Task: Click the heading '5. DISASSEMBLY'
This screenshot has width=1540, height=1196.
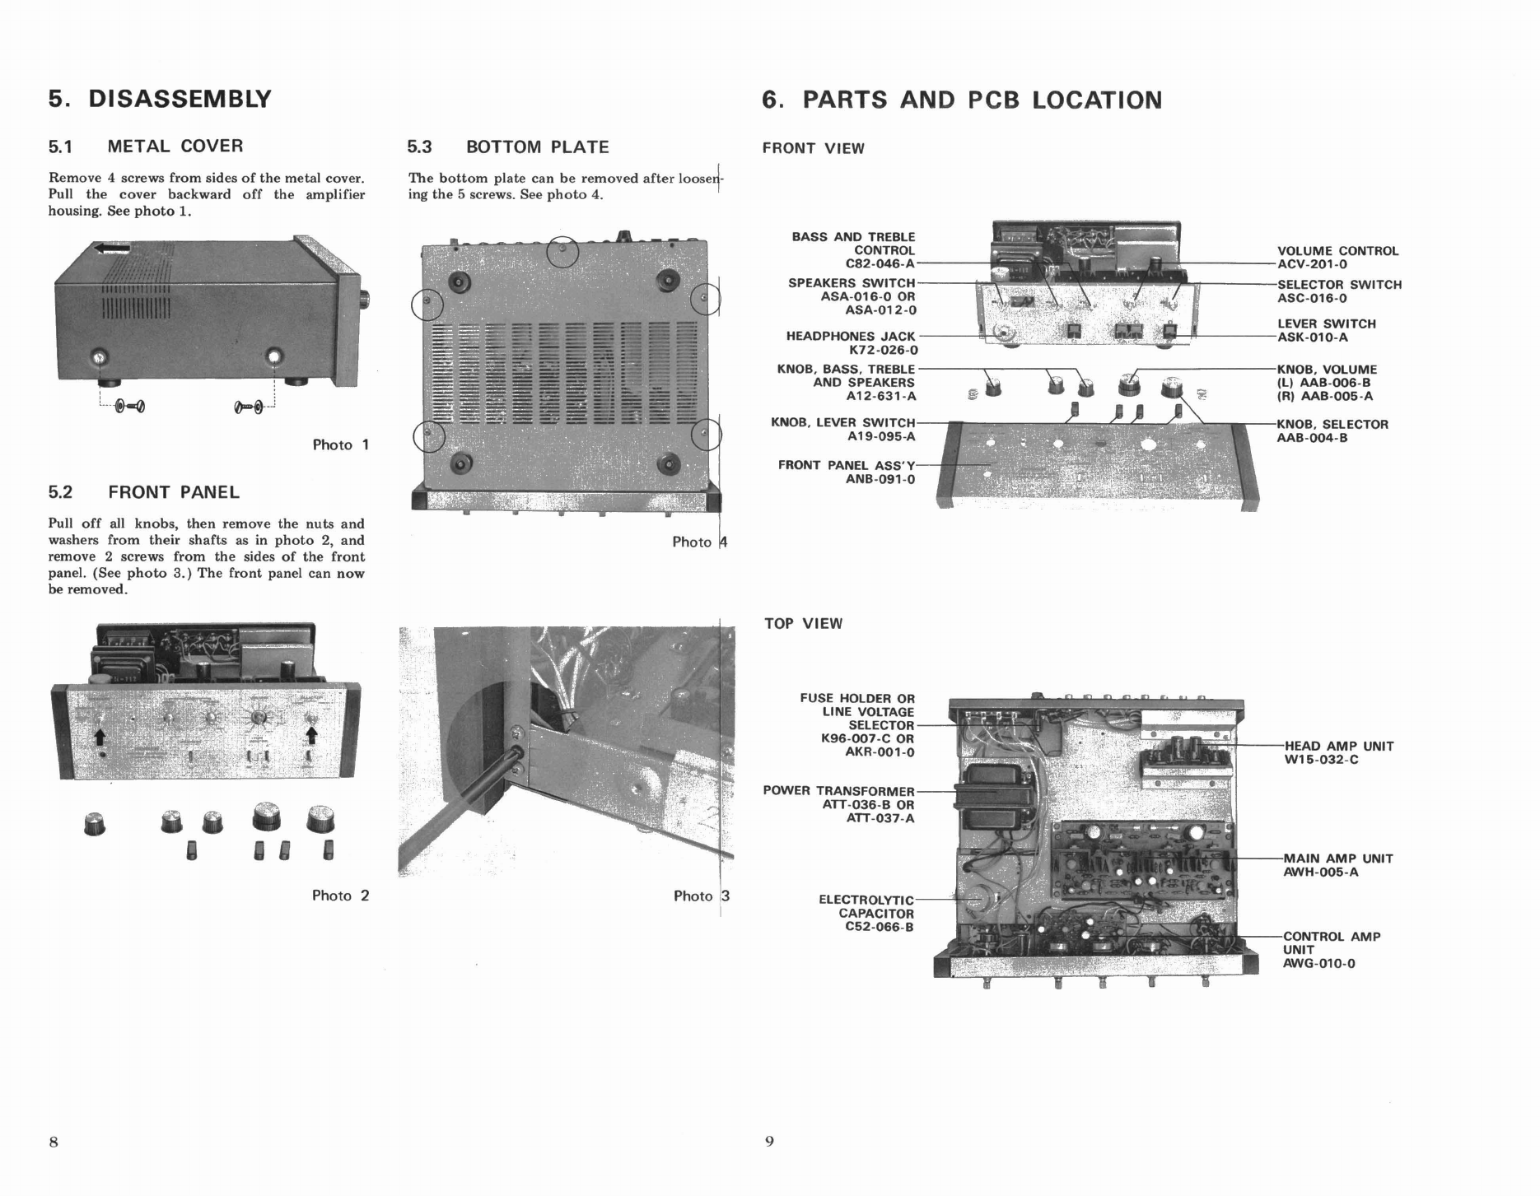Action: (x=160, y=99)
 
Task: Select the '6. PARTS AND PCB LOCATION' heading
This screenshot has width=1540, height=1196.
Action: (x=962, y=100)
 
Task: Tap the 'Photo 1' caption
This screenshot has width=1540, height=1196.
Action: (x=340, y=445)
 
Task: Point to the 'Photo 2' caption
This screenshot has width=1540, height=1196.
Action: (x=340, y=896)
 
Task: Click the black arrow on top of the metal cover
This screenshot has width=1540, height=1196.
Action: (x=111, y=247)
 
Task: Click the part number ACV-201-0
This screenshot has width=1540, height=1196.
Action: (x=1312, y=265)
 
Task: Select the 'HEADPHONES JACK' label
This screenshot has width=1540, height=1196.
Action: (x=850, y=336)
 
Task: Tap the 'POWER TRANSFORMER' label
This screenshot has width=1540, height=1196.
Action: (x=838, y=791)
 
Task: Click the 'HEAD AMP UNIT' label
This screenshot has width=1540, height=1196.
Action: (x=1338, y=747)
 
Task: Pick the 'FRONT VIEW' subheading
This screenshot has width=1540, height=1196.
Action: (x=813, y=149)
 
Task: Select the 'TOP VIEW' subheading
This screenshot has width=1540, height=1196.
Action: (x=803, y=624)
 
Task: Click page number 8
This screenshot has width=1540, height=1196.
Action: (x=54, y=1142)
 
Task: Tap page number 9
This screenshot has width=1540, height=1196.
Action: (x=769, y=1142)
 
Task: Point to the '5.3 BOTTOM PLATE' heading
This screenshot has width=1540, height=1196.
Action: (x=508, y=147)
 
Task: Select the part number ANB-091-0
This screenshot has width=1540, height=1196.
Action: (x=880, y=479)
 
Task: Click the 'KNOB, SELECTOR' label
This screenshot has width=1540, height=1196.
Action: (x=1332, y=425)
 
